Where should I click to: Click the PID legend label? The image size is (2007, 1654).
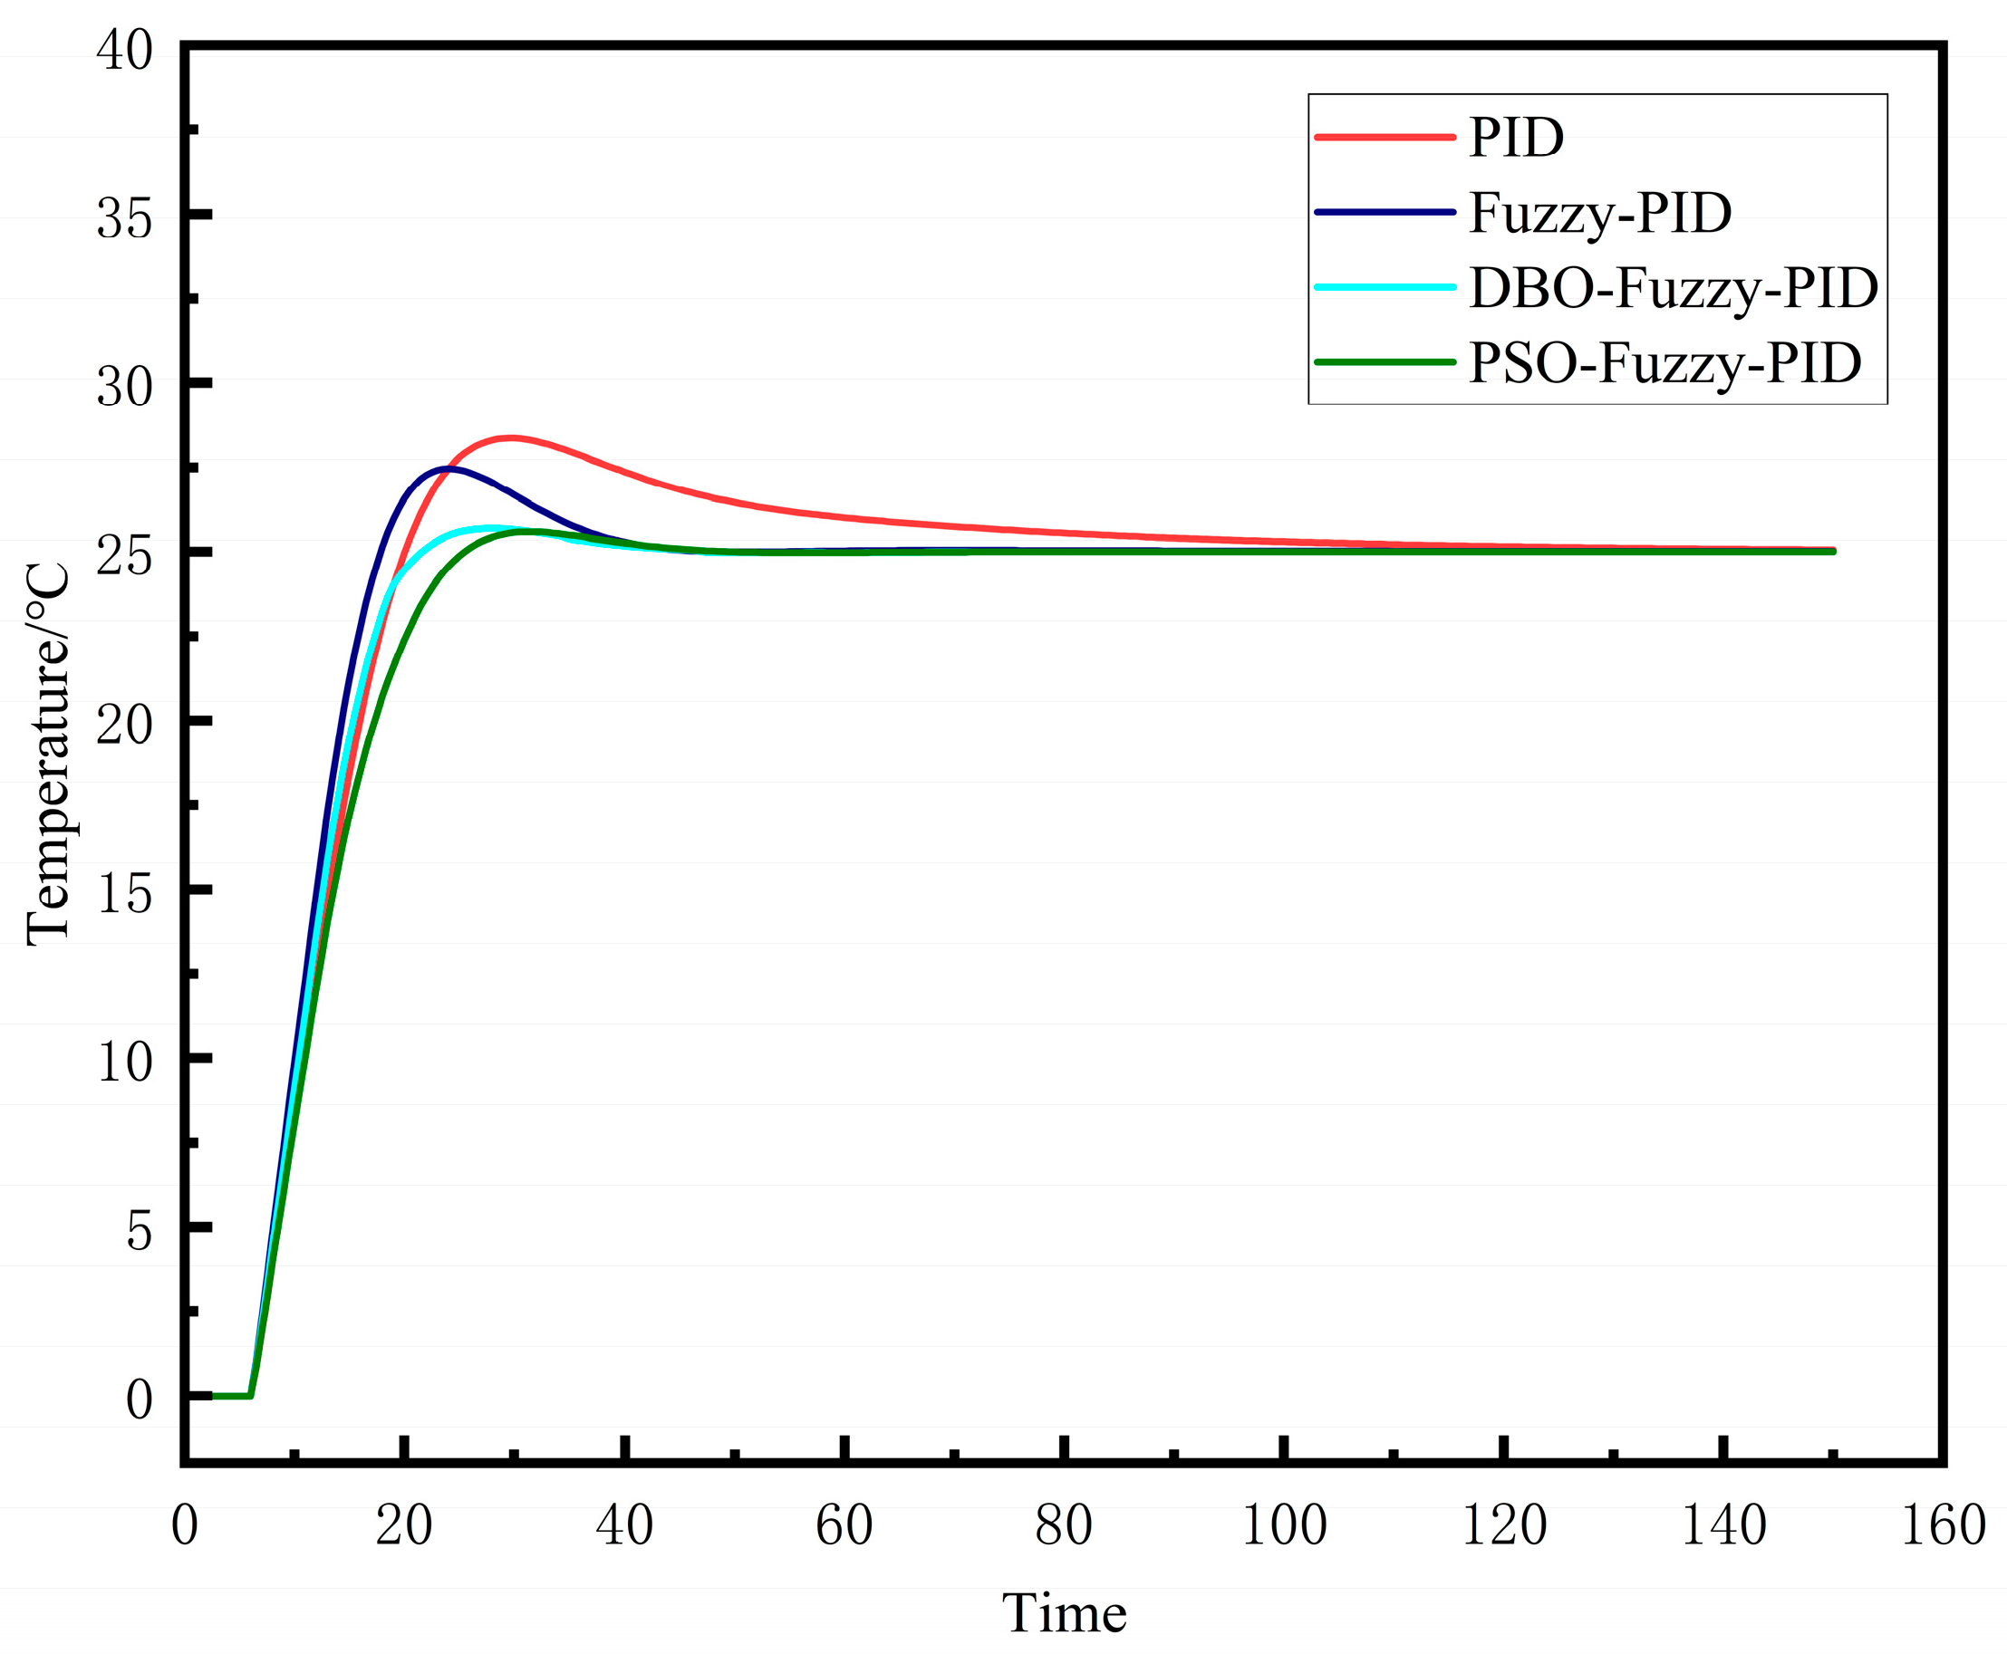pyautogui.click(x=1516, y=139)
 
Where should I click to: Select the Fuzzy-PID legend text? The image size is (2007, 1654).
pyautogui.click(x=1600, y=213)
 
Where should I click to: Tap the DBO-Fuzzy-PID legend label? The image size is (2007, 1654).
pyautogui.click(x=1674, y=288)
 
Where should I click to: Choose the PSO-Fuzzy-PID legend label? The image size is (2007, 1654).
pyautogui.click(x=1664, y=363)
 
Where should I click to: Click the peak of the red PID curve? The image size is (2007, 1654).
pyautogui.click(x=511, y=438)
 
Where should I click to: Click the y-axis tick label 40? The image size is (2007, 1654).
pyautogui.click(x=125, y=51)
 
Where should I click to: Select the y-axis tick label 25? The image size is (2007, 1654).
pyautogui.click(x=125, y=555)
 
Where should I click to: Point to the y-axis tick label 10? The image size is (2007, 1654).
pyautogui.click(x=125, y=1062)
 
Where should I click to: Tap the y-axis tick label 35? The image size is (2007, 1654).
pyautogui.click(x=125, y=219)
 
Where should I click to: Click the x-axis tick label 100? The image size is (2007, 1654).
pyautogui.click(x=1284, y=1524)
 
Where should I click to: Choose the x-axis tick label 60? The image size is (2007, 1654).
pyautogui.click(x=844, y=1524)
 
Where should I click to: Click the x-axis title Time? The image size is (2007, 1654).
pyautogui.click(x=1065, y=1613)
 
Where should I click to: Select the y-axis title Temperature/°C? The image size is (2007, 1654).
pyautogui.click(x=48, y=754)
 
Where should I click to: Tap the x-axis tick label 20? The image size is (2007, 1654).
pyautogui.click(x=404, y=1524)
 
